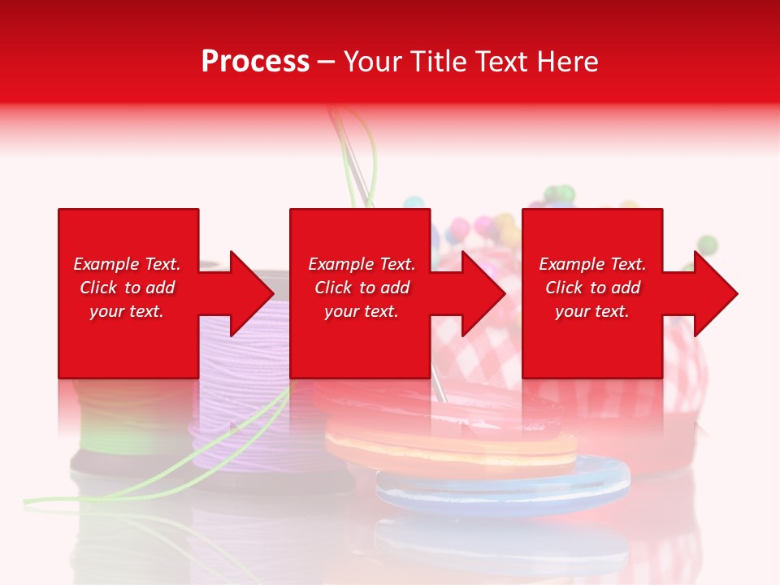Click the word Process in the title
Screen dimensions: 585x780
click(255, 62)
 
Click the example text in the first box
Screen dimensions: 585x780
click(127, 288)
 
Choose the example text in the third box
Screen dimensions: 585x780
click(592, 288)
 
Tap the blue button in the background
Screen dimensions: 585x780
click(504, 487)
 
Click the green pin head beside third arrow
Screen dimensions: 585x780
click(708, 244)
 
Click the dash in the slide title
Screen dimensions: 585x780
click(326, 62)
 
